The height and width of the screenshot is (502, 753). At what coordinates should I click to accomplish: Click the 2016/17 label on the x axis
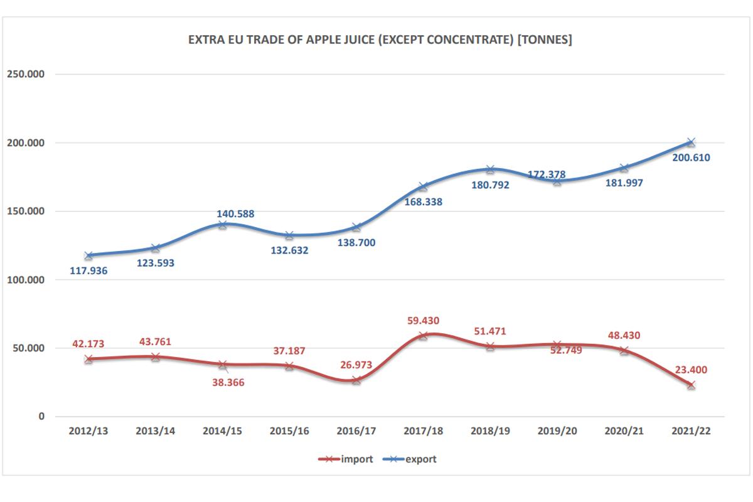pyautogui.click(x=356, y=431)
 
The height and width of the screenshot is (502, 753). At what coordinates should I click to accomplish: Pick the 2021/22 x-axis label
pyautogui.click(x=690, y=431)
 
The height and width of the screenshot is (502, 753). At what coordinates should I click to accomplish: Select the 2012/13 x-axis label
pyautogui.click(x=88, y=431)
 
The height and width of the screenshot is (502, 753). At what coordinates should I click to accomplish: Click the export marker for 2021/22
pyautogui.click(x=690, y=142)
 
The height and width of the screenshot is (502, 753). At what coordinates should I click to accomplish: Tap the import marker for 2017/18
pyautogui.click(x=423, y=336)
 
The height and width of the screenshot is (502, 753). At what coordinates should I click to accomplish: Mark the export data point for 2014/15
pyautogui.click(x=223, y=224)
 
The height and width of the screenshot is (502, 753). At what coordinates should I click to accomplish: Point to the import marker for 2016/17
pyautogui.click(x=356, y=380)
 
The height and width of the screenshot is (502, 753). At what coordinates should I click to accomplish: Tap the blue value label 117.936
pyautogui.click(x=88, y=271)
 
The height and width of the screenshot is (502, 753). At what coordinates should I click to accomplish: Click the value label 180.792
pyautogui.click(x=489, y=185)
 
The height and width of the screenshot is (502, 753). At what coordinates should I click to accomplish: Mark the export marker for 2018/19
pyautogui.click(x=490, y=169)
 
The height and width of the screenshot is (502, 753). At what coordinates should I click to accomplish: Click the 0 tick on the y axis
pyautogui.click(x=41, y=416)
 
